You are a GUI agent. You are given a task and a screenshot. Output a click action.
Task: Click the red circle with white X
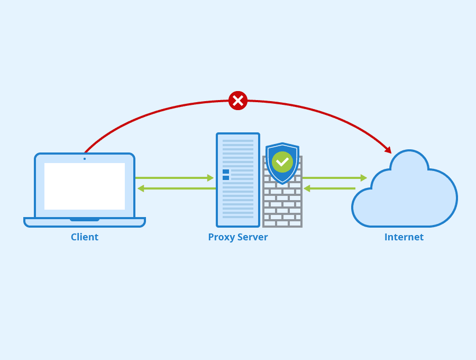pyautogui.click(x=238, y=101)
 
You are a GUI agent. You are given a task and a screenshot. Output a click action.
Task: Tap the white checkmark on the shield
pyautogui.click(x=282, y=161)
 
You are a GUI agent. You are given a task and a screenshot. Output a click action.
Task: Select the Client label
pyautogui.click(x=85, y=237)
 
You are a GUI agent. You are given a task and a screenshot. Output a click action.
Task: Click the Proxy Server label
pyautogui.click(x=238, y=237)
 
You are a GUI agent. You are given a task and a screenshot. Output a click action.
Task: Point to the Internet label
pyautogui.click(x=404, y=237)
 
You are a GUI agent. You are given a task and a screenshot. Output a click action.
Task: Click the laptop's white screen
pyautogui.click(x=85, y=186)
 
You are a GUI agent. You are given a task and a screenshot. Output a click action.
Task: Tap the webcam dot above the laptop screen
pyautogui.click(x=85, y=159)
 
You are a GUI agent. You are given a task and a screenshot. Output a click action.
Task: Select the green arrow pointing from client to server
pyautogui.click(x=175, y=178)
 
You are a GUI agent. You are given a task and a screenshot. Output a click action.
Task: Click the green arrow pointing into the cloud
pyautogui.click(x=334, y=178)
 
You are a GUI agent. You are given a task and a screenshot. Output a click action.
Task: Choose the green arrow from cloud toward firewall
pyautogui.click(x=329, y=188)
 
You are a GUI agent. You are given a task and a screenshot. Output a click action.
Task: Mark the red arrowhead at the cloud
pyautogui.click(x=388, y=150)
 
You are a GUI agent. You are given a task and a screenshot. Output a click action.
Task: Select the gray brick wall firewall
pyautogui.click(x=282, y=209)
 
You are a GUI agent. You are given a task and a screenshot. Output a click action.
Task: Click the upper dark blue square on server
pyautogui.click(x=226, y=172)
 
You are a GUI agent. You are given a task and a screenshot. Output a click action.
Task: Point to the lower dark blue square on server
pyautogui.click(x=226, y=178)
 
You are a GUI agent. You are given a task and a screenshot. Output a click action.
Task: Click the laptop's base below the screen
pyautogui.click(x=85, y=222)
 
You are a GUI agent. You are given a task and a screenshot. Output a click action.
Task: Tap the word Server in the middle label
pyautogui.click(x=252, y=237)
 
